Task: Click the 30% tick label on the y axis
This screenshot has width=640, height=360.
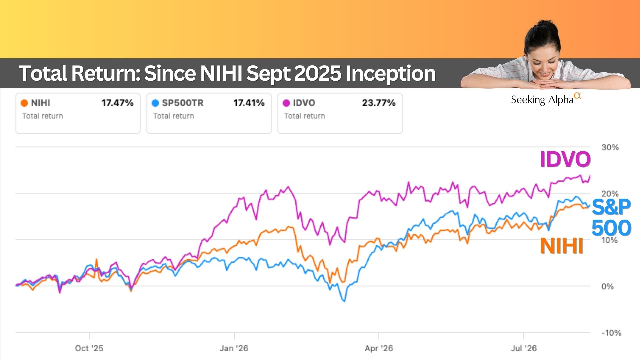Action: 610,147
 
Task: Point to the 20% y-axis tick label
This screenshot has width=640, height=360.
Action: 610,194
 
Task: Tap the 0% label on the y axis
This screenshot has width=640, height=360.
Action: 607,286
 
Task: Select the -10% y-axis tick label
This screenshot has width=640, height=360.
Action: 611,333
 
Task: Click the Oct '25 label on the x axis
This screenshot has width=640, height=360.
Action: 89,348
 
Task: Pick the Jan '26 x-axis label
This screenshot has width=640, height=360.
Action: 234,348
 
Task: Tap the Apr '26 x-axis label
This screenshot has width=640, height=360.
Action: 379,348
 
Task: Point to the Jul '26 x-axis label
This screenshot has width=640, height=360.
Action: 524,348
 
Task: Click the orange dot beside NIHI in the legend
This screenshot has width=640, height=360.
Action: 24,103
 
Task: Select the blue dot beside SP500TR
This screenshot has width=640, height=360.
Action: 155,103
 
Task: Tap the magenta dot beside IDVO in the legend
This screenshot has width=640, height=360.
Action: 286,103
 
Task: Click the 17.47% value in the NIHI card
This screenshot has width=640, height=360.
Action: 118,103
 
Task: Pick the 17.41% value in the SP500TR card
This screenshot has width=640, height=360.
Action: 249,103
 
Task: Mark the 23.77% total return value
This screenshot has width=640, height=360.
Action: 379,103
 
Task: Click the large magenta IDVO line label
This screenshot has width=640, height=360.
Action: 565,159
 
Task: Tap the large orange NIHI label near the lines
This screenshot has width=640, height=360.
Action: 562,246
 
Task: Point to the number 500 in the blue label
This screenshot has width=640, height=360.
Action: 611,228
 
